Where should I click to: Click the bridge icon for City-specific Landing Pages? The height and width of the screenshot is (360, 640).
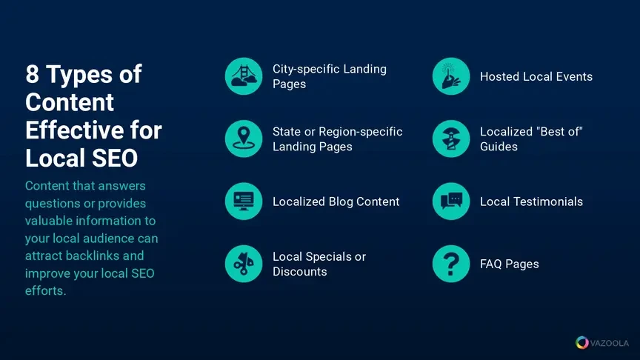click(x=244, y=76)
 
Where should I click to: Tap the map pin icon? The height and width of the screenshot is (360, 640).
click(x=244, y=139)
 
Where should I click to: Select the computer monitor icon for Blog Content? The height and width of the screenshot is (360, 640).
click(x=244, y=201)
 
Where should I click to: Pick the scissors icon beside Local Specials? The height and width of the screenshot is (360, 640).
click(x=244, y=264)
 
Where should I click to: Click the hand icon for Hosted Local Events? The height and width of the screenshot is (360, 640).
click(x=451, y=76)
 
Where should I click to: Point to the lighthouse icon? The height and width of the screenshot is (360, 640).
click(x=451, y=139)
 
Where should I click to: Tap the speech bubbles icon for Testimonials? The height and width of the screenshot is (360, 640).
click(x=451, y=201)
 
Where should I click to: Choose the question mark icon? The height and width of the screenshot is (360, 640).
click(x=451, y=264)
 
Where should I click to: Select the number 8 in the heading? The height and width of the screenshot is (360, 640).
click(x=33, y=74)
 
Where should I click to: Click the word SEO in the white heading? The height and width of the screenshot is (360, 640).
click(x=115, y=158)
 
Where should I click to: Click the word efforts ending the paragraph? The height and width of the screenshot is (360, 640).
click(x=45, y=290)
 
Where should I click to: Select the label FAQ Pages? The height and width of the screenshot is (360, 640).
click(x=510, y=264)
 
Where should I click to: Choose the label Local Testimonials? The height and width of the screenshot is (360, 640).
click(x=531, y=201)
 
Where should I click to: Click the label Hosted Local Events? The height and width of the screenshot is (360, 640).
click(x=536, y=77)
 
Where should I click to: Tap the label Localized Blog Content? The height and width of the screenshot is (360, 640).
click(x=336, y=201)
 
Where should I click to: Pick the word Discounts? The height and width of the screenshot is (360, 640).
click(x=299, y=272)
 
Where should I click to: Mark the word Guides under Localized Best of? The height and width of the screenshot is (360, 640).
click(x=499, y=147)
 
